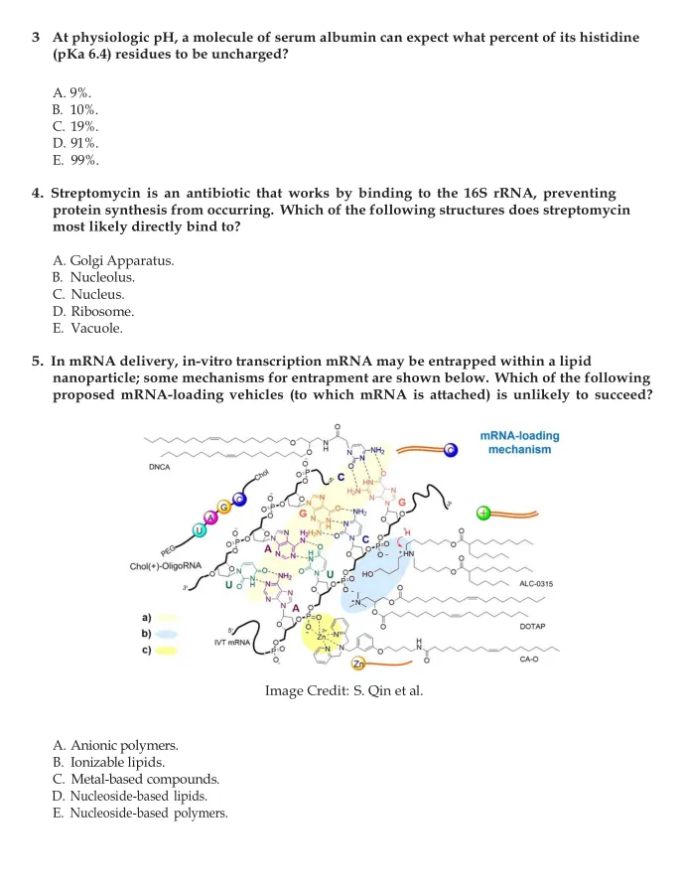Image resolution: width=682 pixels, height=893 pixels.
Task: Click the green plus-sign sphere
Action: tap(484, 514)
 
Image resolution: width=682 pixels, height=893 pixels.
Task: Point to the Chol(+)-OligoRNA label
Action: tap(166, 567)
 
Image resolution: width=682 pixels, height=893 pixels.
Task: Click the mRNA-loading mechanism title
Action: tap(524, 442)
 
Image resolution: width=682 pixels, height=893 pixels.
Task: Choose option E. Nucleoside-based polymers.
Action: tap(140, 813)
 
